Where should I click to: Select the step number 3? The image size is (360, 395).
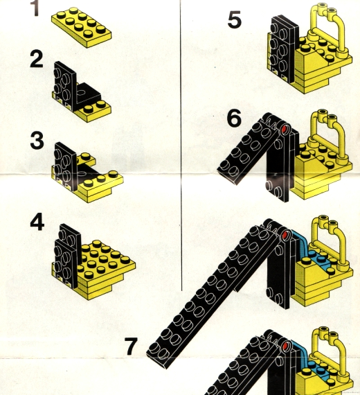[37, 140]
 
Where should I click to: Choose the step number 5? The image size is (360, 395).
[235, 20]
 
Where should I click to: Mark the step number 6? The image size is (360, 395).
[235, 119]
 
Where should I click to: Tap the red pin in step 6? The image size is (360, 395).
[285, 129]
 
